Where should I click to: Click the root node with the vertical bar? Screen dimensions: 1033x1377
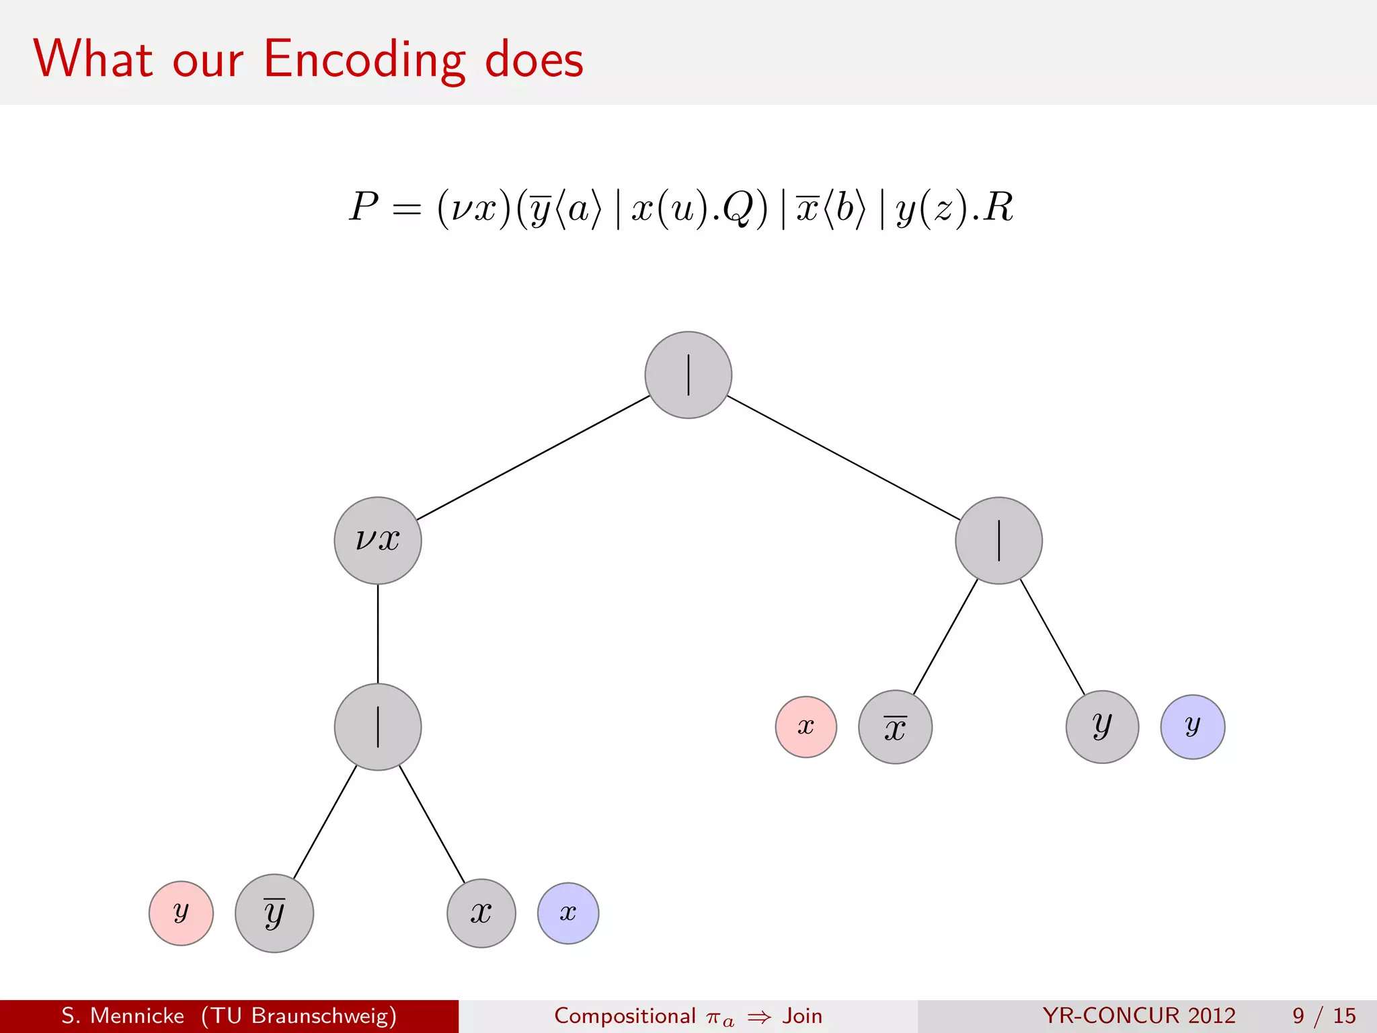pos(688,375)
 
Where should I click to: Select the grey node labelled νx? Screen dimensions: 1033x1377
pos(378,540)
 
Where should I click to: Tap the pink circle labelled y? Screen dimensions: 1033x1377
pos(181,913)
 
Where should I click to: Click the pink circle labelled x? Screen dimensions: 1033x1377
pos(805,726)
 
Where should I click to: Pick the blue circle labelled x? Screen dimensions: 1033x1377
pos(568,913)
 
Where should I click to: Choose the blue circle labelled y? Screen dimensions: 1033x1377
pos(1192,726)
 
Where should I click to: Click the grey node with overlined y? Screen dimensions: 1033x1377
pos(274,913)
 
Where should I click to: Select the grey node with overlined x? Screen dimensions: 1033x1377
pos(895,726)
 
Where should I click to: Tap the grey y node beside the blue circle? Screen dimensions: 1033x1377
pos(1102,726)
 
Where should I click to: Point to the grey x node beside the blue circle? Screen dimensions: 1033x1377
pos(481,913)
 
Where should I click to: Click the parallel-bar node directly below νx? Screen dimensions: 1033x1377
pos(378,726)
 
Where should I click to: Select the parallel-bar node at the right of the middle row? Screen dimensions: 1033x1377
pos(998,540)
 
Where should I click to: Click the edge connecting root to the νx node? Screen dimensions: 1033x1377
pos(533,457)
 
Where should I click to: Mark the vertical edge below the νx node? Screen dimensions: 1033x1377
pos(378,634)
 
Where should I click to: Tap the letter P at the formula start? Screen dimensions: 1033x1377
pos(364,206)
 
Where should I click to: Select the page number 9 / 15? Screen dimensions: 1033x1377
pos(1323,1016)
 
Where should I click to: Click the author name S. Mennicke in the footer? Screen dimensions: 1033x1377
pos(122,1016)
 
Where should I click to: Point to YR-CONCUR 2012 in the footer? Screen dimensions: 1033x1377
pos(1139,1016)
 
